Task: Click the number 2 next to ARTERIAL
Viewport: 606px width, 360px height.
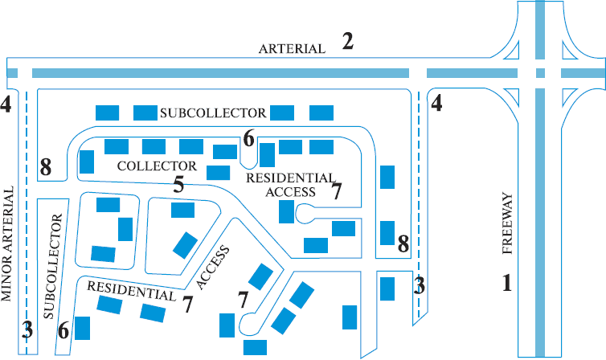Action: (x=347, y=41)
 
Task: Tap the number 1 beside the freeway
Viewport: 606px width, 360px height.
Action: (x=507, y=283)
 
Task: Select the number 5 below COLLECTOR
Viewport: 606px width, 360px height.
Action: (x=178, y=184)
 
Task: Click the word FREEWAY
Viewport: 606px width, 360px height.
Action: (x=507, y=223)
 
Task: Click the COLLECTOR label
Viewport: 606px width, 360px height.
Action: (x=157, y=166)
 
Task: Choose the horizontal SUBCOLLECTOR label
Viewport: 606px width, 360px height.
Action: (x=213, y=112)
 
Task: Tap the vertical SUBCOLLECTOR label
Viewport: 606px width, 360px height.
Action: (x=53, y=267)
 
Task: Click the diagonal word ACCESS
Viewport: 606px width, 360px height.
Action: (x=213, y=268)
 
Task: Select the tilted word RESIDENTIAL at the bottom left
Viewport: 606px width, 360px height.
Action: (x=131, y=291)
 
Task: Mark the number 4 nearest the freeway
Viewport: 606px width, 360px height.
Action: (x=436, y=103)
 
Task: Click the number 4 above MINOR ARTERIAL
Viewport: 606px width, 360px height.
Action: (x=6, y=104)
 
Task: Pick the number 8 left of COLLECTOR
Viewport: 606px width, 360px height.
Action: (x=46, y=168)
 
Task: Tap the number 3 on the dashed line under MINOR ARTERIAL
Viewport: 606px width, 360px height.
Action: (x=27, y=330)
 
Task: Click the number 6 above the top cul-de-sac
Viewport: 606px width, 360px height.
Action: (x=249, y=138)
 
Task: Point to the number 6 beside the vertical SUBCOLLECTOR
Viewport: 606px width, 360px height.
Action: (x=63, y=330)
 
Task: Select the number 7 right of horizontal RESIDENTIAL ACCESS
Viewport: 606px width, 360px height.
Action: (x=337, y=190)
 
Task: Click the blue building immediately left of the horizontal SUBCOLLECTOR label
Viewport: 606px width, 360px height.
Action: (x=145, y=112)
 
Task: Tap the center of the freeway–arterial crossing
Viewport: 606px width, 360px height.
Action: (x=540, y=73)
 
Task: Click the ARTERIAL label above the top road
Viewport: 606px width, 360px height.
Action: (x=292, y=49)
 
